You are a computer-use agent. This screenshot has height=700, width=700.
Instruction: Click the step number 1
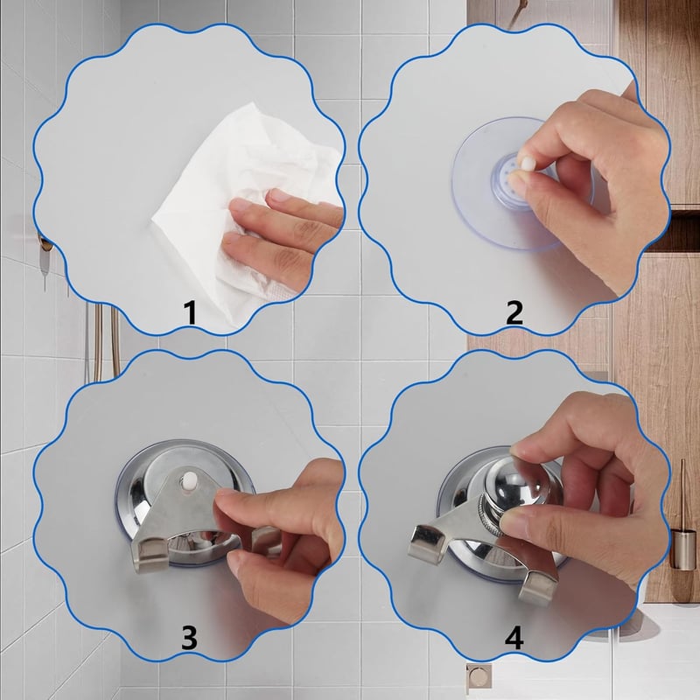tap(191, 313)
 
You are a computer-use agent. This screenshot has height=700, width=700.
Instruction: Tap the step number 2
tap(514, 312)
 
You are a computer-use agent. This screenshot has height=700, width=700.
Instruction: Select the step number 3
tap(189, 638)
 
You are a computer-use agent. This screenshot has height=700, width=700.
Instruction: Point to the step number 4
tap(514, 638)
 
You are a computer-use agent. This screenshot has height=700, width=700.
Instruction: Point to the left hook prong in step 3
tap(150, 556)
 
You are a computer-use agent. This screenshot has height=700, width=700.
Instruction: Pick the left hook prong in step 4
tap(427, 543)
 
